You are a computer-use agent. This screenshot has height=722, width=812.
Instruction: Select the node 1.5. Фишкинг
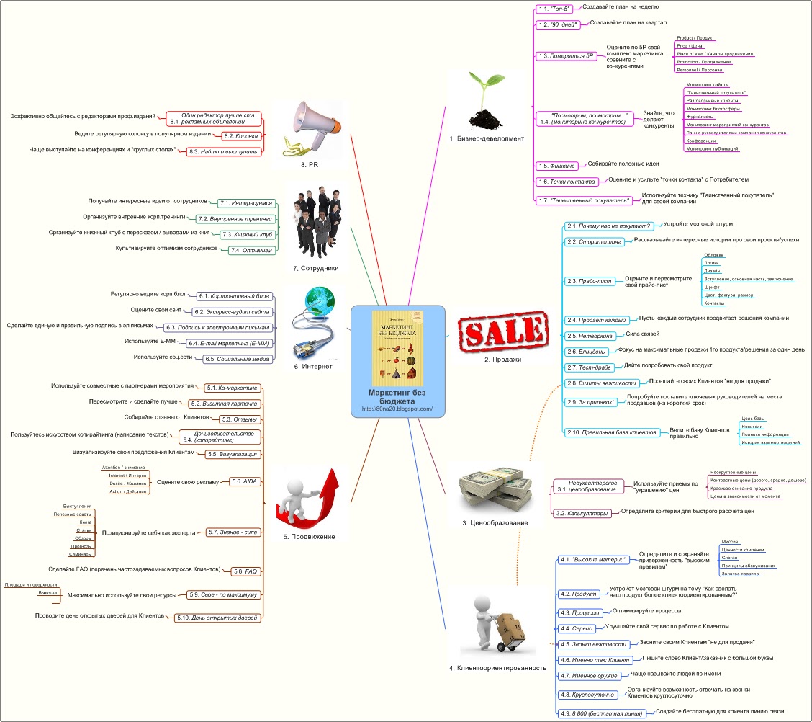[x=554, y=165]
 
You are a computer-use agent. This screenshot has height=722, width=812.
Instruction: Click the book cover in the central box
[x=397, y=348]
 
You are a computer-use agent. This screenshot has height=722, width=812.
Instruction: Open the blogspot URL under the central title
[x=397, y=409]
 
